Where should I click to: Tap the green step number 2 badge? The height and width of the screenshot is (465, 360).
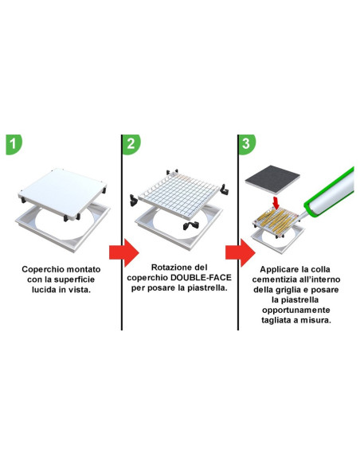(132, 146)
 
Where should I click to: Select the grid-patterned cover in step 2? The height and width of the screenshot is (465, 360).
(178, 190)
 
